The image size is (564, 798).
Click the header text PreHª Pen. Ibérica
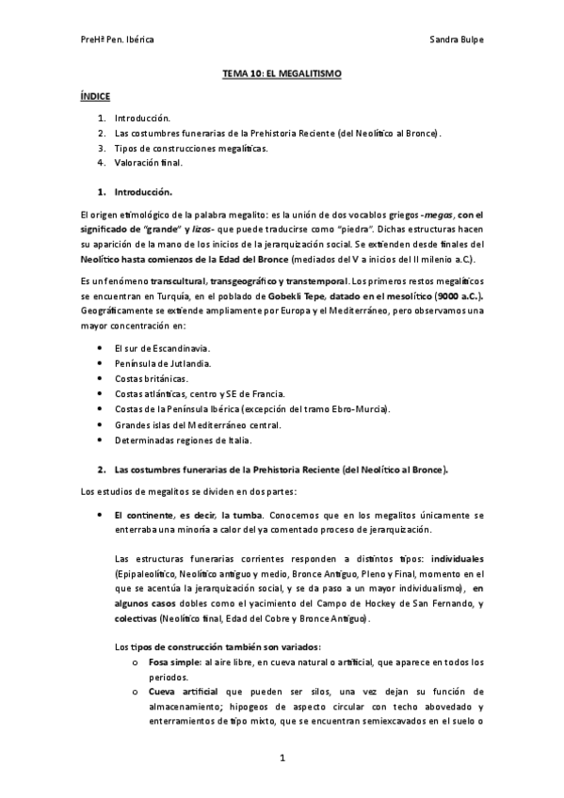click(x=119, y=40)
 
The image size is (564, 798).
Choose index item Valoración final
click(x=148, y=163)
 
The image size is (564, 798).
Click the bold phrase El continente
click(x=145, y=516)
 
